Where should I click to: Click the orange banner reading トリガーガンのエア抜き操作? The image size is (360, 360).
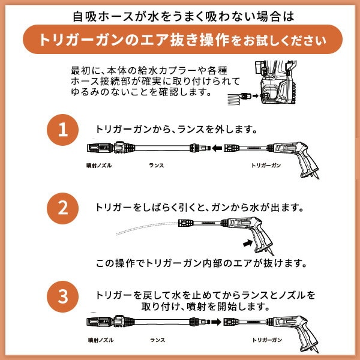pyautogui.click(x=180, y=40)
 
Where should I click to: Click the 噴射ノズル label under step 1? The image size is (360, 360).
pyautogui.click(x=97, y=163)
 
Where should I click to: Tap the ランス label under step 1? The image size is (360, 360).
pyautogui.click(x=155, y=163)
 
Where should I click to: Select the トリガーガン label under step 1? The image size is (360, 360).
pyautogui.click(x=266, y=163)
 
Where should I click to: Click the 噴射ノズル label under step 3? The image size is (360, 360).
pyautogui.click(x=97, y=339)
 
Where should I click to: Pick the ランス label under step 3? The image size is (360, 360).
pyautogui.click(x=155, y=339)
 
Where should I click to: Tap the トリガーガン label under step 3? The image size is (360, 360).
pyautogui.click(x=266, y=339)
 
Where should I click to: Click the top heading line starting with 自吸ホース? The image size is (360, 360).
pyautogui.click(x=180, y=13)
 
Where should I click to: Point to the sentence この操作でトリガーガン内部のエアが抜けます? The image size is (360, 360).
pyautogui.click(x=202, y=263)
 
